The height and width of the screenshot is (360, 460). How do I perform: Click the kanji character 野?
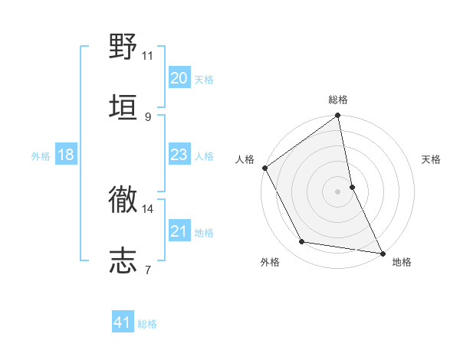coord(123,47)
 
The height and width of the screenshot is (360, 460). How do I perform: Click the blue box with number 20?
coord(179,78)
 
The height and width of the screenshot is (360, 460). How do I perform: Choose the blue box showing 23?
coord(179,155)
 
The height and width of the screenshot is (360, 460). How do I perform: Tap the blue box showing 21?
coord(179,231)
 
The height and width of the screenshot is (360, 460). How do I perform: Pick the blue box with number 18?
coord(65,155)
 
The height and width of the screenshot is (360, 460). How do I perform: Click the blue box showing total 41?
coord(123,323)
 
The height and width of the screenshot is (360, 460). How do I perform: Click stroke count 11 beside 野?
coord(147,56)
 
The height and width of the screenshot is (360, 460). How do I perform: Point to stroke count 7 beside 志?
coord(147,270)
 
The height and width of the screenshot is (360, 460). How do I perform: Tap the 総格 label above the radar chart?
coord(338,100)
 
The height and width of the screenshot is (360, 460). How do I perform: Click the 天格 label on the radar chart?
coord(431,160)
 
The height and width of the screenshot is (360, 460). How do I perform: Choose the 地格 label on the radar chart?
coord(402,263)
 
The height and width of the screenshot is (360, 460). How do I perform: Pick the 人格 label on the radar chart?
coord(245,160)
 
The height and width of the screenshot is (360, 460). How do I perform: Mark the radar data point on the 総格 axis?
coord(338,116)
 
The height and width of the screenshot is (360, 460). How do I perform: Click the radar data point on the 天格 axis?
coord(352,186)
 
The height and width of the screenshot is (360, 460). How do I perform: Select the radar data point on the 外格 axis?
coord(302,242)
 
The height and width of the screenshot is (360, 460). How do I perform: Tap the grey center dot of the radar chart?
coord(338,191)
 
